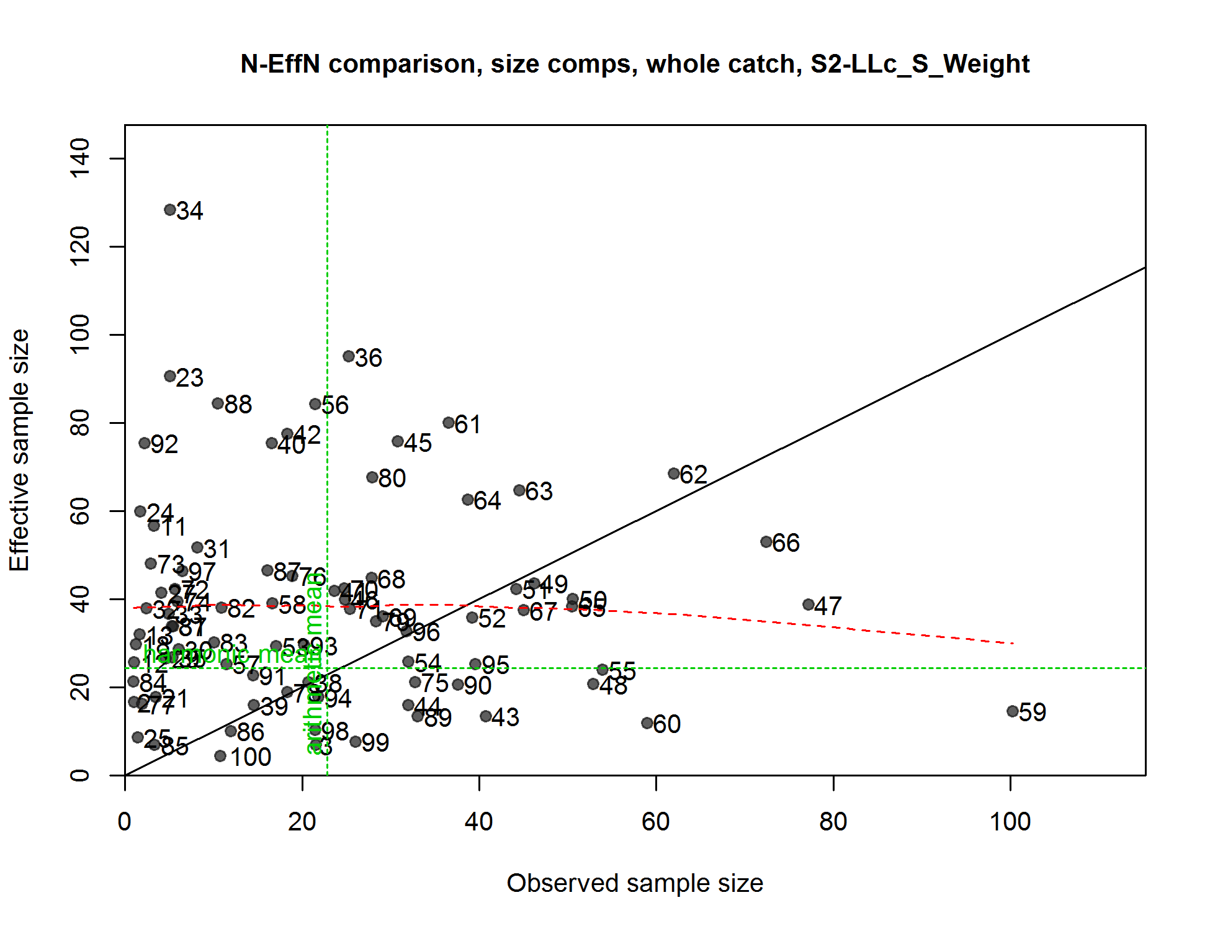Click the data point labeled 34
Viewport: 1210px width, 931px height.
pos(170,210)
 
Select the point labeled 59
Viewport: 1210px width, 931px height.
pos(1012,711)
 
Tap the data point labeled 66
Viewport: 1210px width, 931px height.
pos(766,542)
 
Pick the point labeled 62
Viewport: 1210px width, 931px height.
pos(674,474)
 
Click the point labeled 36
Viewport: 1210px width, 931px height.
pos(349,356)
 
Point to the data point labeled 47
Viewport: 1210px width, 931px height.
pos(809,605)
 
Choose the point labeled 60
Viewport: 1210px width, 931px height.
pos(647,723)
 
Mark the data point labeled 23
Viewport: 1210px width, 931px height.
pos(170,376)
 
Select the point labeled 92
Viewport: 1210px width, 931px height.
pos(145,443)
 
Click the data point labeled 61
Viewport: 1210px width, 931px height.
pos(449,423)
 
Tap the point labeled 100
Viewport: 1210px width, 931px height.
pos(220,756)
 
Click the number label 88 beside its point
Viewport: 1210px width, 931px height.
pos(238,405)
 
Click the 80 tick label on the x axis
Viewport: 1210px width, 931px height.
pos(833,822)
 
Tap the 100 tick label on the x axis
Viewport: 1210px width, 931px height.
pos(1010,822)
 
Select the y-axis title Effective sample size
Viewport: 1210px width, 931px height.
pos(20,450)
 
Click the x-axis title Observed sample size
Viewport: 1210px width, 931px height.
pos(635,883)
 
